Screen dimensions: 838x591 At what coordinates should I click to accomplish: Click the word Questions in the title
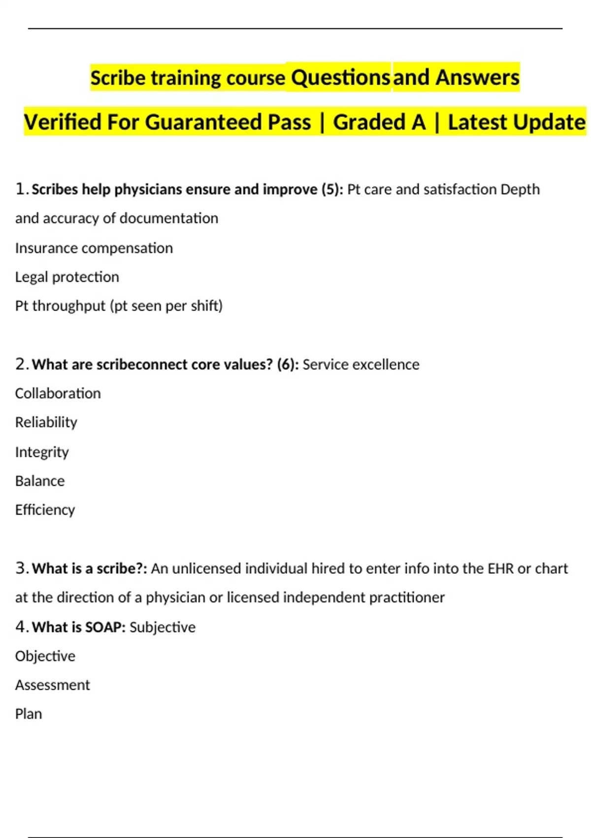click(340, 77)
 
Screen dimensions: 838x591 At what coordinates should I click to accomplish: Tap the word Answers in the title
click(477, 77)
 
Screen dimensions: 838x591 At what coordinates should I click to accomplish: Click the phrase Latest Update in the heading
click(517, 122)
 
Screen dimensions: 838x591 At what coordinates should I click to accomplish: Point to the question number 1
click(21, 189)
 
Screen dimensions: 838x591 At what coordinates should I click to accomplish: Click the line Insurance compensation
click(94, 248)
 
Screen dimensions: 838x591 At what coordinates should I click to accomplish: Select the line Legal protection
click(67, 277)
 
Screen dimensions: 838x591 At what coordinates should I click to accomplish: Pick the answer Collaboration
click(58, 393)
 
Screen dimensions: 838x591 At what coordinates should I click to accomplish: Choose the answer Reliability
click(46, 422)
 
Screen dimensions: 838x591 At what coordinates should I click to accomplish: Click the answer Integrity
click(42, 452)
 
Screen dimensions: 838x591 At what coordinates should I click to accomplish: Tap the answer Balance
click(40, 481)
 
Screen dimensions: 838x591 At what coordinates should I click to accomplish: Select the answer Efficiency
click(45, 510)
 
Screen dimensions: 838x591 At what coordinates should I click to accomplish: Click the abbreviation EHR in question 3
click(500, 568)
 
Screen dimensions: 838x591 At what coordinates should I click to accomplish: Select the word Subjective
click(163, 627)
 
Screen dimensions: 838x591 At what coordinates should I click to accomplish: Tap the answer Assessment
click(52, 685)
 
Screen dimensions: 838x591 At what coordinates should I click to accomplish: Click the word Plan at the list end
click(29, 714)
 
